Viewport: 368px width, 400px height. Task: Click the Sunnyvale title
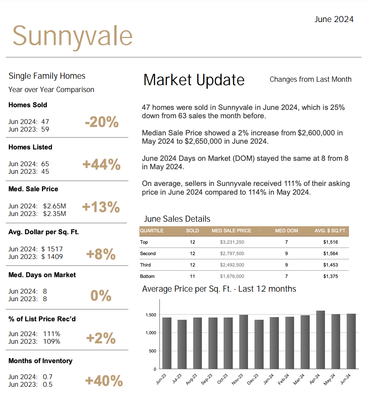point(73,37)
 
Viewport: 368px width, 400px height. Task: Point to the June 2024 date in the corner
point(334,19)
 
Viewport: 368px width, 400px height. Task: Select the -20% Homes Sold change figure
point(102,122)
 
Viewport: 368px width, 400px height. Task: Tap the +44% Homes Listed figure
point(101,164)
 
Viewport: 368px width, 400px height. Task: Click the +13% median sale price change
point(101,207)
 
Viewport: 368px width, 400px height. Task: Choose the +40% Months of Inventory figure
point(104,381)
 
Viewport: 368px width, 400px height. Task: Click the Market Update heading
point(194,80)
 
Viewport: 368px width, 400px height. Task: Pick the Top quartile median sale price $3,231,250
point(232,242)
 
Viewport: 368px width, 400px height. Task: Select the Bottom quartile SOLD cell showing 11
point(192,276)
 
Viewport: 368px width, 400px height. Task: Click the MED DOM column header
point(286,231)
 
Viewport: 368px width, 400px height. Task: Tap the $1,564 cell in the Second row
point(330,254)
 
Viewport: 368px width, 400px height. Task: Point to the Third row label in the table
point(146,265)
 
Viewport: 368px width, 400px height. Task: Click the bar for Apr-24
point(320,340)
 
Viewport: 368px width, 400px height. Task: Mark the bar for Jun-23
point(167,343)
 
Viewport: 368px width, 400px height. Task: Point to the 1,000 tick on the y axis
point(151,333)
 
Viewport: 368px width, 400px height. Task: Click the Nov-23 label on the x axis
point(238,379)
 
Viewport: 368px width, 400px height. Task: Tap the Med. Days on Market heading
point(42,275)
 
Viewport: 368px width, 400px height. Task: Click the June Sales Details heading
point(177,219)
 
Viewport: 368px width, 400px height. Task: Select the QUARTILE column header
point(152,231)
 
